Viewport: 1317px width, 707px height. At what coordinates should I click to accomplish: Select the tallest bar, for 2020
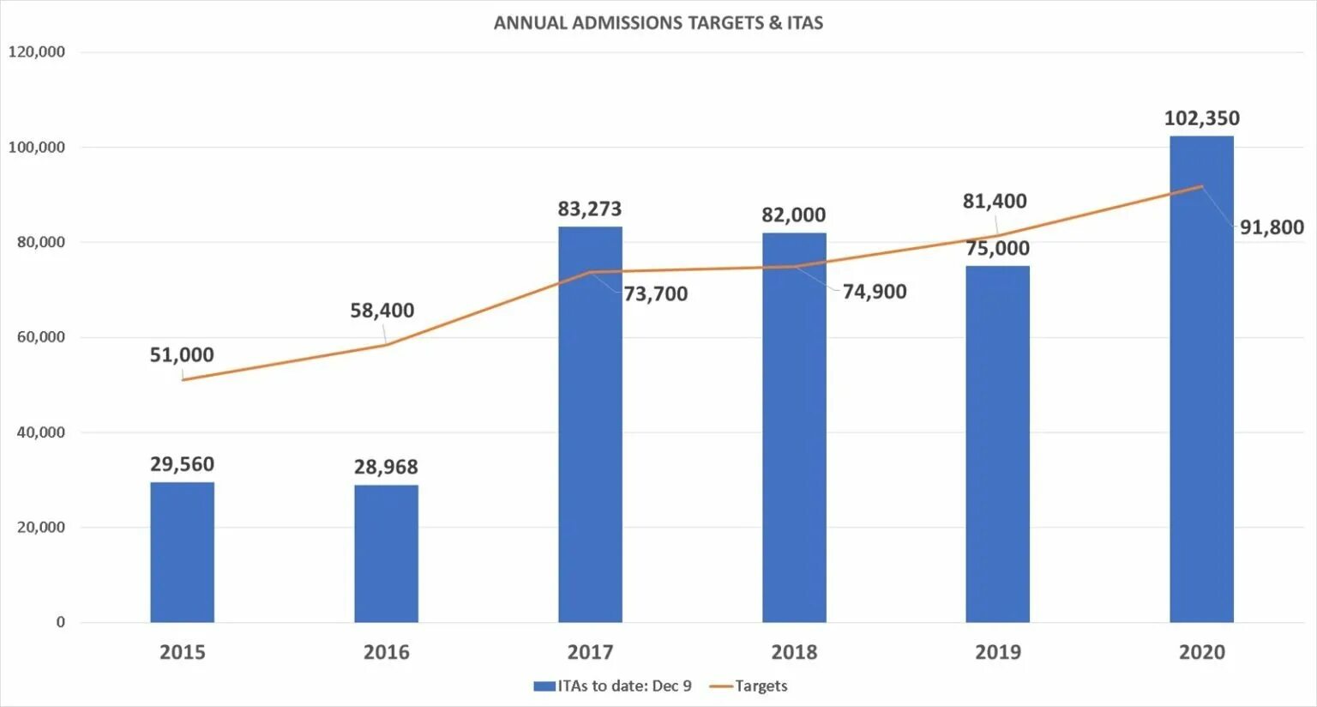click(x=1201, y=378)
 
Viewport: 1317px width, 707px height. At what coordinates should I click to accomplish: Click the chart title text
click(x=658, y=23)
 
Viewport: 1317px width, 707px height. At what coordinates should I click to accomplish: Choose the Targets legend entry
click(x=760, y=686)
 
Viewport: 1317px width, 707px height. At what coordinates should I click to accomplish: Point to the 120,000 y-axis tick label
click(x=37, y=52)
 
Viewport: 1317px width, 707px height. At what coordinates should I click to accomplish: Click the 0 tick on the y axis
click(x=60, y=622)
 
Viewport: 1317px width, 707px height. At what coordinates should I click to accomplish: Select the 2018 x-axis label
click(x=794, y=652)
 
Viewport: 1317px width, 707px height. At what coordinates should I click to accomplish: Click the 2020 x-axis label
click(x=1201, y=652)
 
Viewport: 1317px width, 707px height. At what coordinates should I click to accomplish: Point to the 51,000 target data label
click(x=182, y=354)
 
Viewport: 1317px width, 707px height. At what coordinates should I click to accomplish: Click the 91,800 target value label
click(x=1272, y=227)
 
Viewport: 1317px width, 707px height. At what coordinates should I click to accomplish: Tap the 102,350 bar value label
click(x=1201, y=118)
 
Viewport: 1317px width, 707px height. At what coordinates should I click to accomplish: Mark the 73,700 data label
click(x=655, y=294)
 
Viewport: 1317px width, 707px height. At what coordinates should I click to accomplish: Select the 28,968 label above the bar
click(x=386, y=467)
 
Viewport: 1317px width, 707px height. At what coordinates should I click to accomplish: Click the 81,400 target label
click(x=995, y=202)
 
